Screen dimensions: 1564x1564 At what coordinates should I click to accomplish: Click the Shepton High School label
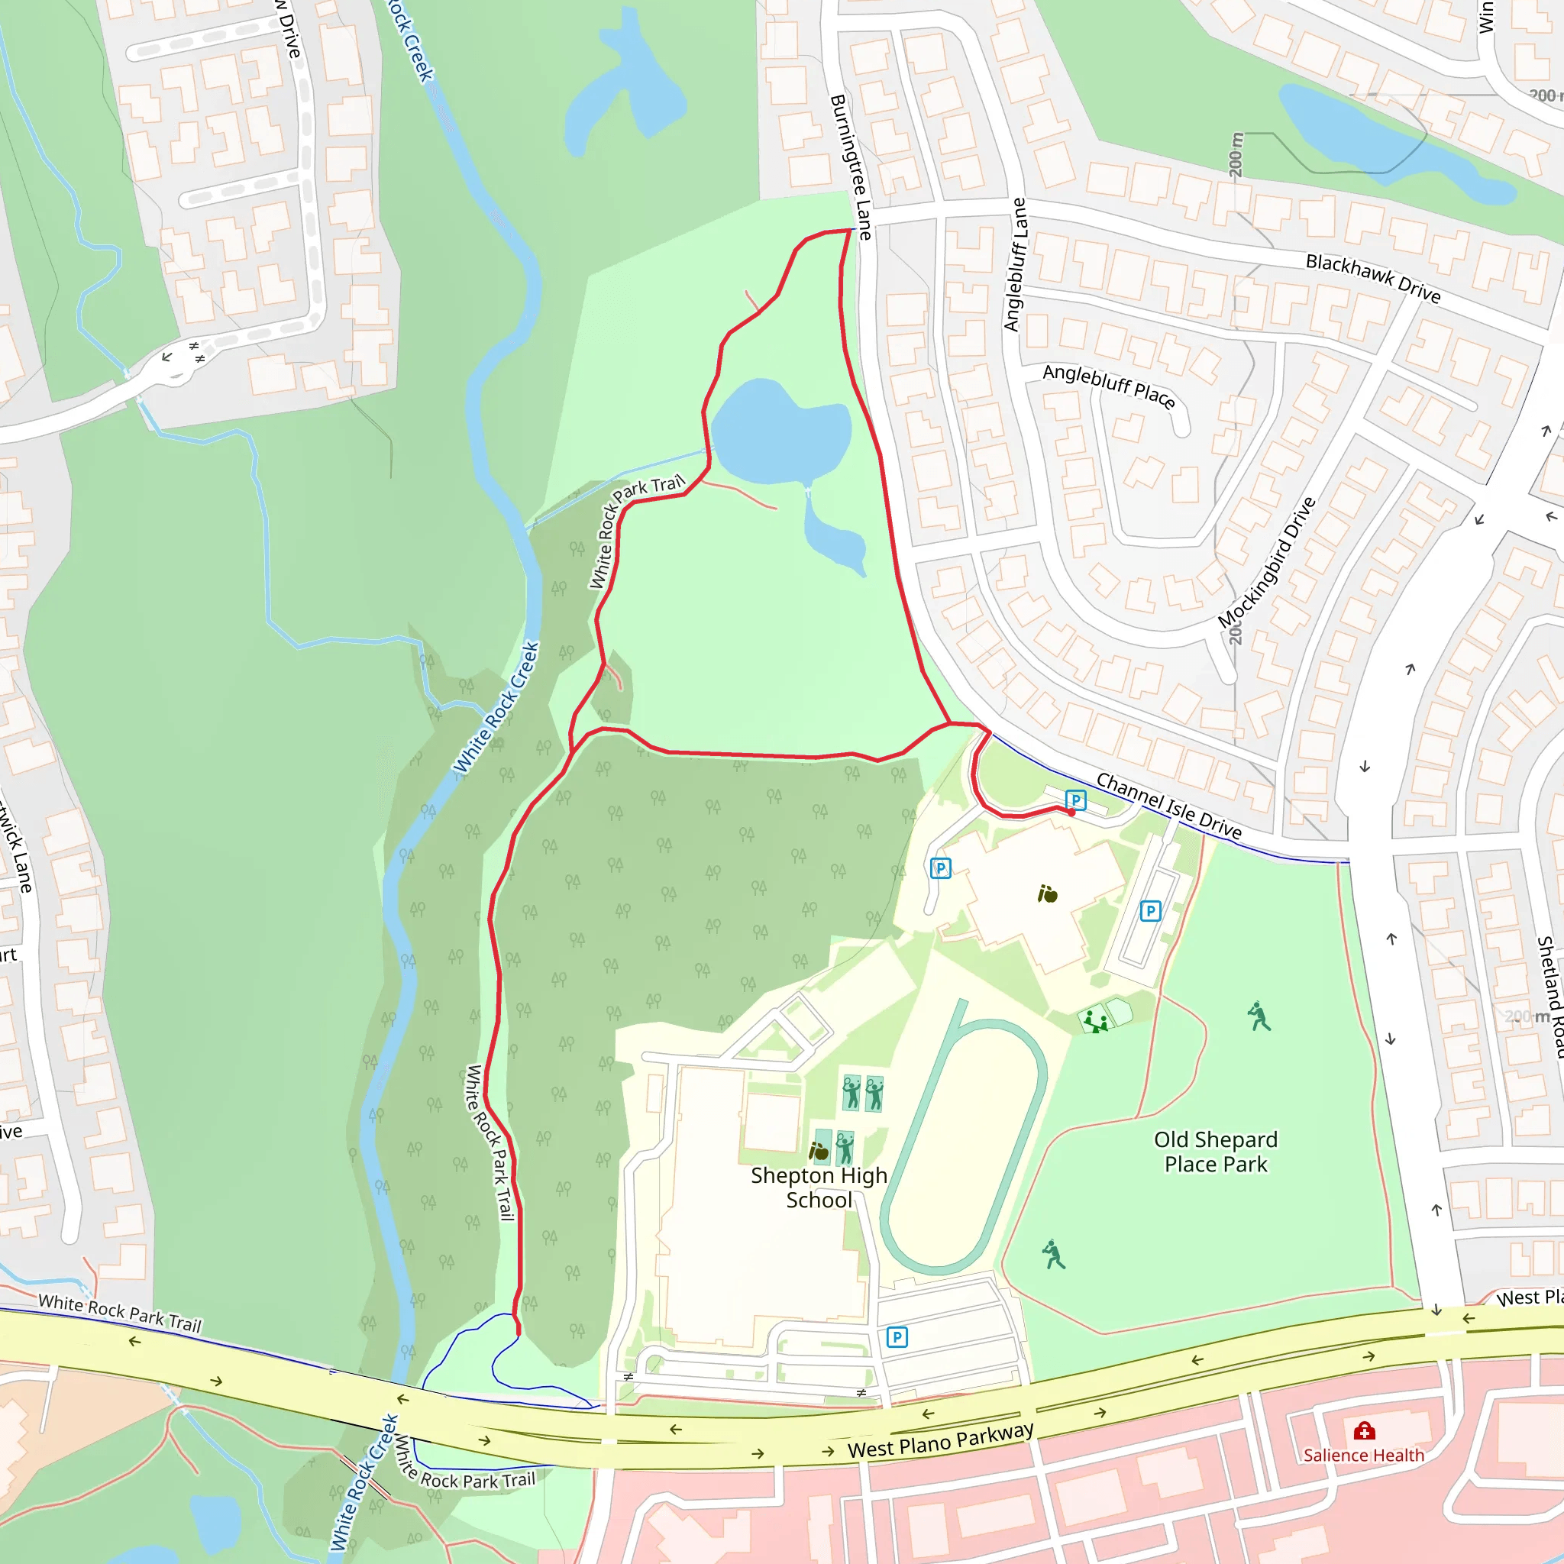819,1188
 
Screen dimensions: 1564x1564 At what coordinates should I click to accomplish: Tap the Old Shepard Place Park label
1215,1151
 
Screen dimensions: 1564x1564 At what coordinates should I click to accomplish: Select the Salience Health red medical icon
1364,1432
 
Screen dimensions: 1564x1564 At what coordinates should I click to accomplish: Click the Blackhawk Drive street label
1373,278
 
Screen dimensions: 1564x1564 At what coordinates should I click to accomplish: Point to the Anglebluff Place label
1108,386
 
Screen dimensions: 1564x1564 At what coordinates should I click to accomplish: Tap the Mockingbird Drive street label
1267,563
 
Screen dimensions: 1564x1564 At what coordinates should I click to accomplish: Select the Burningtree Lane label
851,166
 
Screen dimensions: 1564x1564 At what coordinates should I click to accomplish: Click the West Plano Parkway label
940,1440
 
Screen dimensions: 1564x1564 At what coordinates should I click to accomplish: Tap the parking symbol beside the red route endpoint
1075,800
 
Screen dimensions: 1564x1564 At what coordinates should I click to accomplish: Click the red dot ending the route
1071,812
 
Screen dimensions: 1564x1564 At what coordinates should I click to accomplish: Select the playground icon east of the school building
1095,1021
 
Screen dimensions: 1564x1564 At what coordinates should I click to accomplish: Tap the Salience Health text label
1363,1455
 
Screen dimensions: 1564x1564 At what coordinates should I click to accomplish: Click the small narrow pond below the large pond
834,535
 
